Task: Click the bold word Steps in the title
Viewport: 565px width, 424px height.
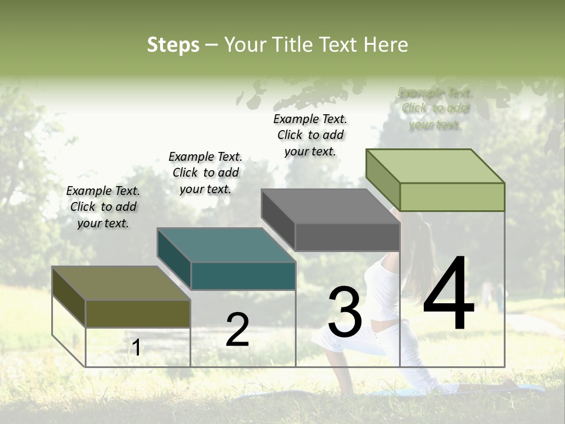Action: click(173, 45)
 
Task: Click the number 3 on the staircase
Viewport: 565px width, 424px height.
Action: click(345, 312)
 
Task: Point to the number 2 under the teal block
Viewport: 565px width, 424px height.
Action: click(237, 330)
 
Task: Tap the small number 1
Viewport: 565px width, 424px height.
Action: click(136, 348)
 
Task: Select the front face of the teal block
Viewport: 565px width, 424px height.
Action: click(243, 276)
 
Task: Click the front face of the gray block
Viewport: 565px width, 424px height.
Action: click(347, 237)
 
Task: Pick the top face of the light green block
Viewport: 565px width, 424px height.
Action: click(436, 165)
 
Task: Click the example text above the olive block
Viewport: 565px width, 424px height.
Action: click(103, 207)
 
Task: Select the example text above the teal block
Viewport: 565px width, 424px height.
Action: click(205, 173)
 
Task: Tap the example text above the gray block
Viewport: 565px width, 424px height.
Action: click(310, 135)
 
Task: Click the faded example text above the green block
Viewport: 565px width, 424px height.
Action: click(435, 108)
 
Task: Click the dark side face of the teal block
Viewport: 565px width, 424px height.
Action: click(174, 254)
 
